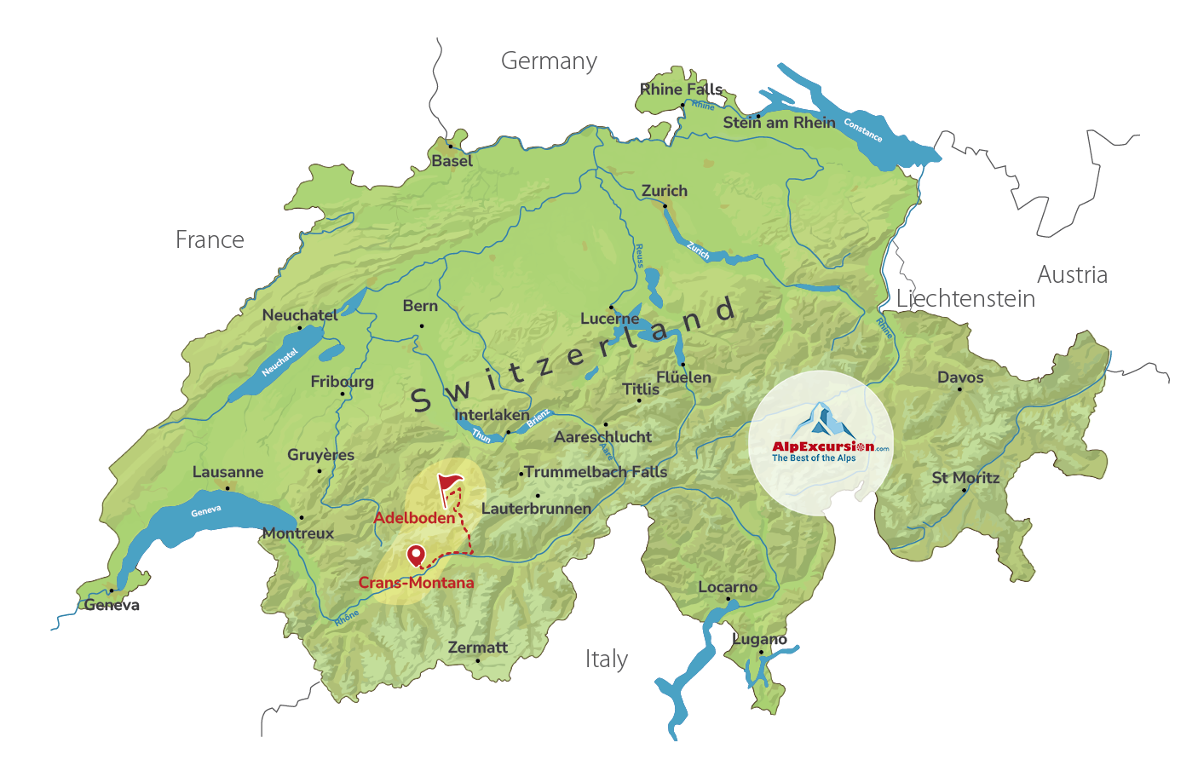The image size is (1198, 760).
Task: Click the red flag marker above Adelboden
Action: click(449, 487)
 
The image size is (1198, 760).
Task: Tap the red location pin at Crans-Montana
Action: click(416, 556)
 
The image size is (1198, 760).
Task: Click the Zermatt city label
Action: click(477, 648)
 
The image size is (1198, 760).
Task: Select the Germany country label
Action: click(549, 61)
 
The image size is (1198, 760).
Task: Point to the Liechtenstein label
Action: click(965, 299)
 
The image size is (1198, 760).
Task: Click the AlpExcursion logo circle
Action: click(821, 443)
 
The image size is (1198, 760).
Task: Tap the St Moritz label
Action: click(965, 478)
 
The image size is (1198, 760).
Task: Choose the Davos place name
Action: click(960, 377)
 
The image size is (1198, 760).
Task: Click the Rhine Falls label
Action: click(681, 89)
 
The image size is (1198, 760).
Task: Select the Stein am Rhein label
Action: click(779, 123)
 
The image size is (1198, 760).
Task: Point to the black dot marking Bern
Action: click(421, 325)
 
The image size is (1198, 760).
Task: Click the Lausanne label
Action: click(228, 472)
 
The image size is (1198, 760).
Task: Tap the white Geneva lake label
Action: click(206, 511)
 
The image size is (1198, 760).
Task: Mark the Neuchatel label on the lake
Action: click(279, 362)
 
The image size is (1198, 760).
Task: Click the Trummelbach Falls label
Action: click(596, 472)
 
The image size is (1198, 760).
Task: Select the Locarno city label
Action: click(728, 587)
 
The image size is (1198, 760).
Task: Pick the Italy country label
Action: click(606, 659)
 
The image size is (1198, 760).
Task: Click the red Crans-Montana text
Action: click(416, 583)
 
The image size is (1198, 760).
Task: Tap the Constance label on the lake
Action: click(862, 130)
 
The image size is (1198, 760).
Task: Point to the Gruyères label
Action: click(320, 455)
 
